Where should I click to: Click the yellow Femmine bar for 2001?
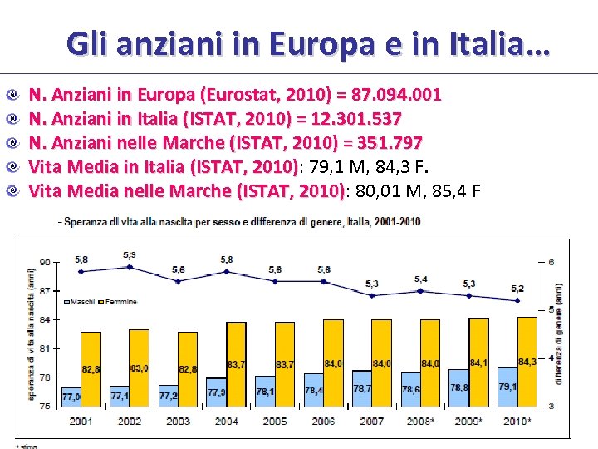91,349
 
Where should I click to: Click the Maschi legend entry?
81,301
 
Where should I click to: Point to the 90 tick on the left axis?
43,262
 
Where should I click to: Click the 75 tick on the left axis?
43,406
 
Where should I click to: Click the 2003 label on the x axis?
178,421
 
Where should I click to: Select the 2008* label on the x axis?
420,421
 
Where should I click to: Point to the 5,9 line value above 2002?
130,254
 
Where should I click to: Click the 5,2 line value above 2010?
517,289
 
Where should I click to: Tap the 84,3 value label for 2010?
527,362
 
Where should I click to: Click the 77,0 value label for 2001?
71,397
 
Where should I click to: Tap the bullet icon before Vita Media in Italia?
12,166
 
